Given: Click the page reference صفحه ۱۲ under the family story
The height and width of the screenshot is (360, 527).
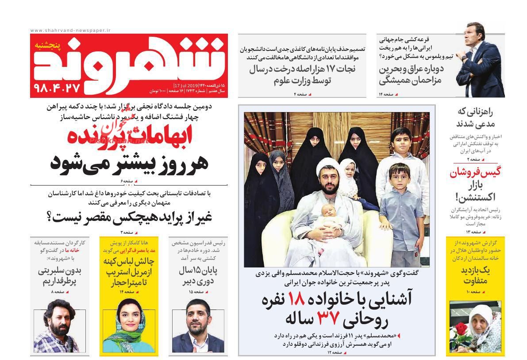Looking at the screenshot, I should point(335,352).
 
